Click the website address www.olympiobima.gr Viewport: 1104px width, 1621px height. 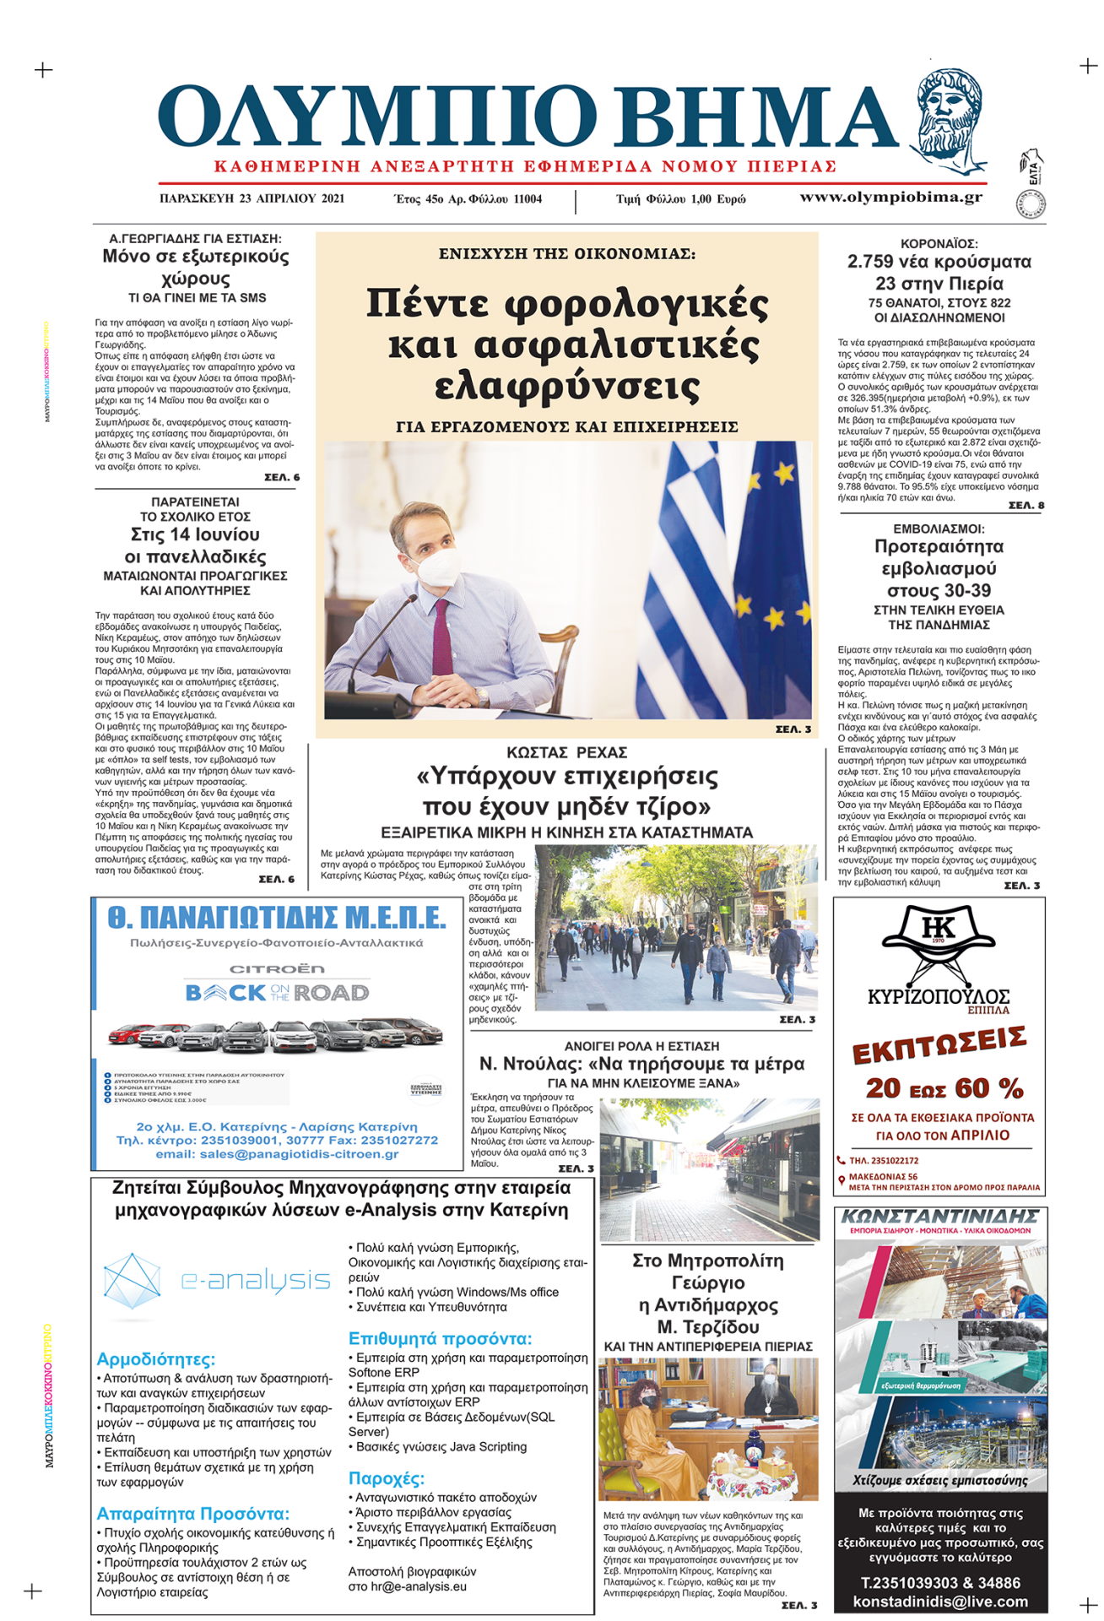890,198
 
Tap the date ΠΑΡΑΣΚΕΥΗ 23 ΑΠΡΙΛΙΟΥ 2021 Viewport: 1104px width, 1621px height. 252,199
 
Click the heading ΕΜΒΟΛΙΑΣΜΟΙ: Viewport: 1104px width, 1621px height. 939,529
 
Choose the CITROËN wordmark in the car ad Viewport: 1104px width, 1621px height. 277,969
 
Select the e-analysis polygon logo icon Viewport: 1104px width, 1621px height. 132,1282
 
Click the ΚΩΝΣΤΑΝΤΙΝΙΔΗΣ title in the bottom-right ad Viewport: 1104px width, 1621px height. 939,1217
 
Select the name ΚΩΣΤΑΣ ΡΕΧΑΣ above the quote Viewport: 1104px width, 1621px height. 566,752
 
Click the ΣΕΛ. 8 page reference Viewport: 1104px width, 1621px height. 1026,506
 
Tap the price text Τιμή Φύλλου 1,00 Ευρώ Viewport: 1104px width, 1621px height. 680,199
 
